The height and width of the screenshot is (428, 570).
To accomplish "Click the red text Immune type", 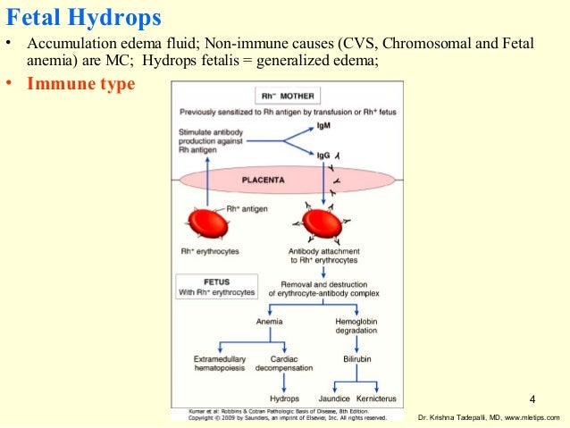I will tap(81, 85).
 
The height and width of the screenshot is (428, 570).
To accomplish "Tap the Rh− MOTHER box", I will tap(286, 96).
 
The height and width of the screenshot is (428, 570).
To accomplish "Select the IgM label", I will tap(323, 127).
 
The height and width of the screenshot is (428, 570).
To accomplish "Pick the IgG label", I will tap(323, 155).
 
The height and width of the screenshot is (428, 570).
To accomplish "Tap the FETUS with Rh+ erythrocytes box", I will tap(216, 286).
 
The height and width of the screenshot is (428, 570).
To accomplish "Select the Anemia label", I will tap(269, 321).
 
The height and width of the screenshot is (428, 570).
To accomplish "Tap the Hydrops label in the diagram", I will tap(284, 399).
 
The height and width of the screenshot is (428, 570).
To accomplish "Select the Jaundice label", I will tap(333, 399).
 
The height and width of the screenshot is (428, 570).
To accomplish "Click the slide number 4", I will tap(532, 398).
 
